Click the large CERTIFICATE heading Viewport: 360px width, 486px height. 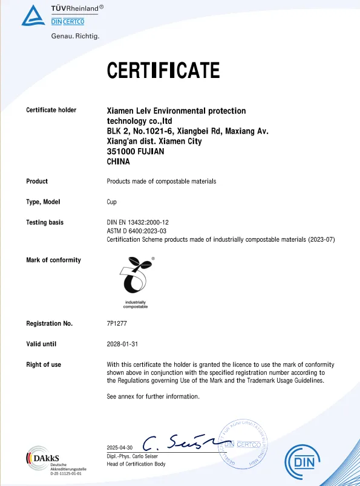coord(163,71)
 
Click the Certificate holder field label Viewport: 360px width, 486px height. coord(51,110)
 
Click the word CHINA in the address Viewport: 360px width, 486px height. coord(119,162)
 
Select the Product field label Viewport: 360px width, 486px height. coord(37,181)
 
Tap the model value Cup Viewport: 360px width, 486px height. coord(112,202)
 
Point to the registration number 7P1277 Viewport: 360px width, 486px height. coord(117,323)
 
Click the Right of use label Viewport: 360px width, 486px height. coord(44,364)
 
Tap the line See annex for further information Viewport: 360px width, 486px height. coord(153,397)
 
